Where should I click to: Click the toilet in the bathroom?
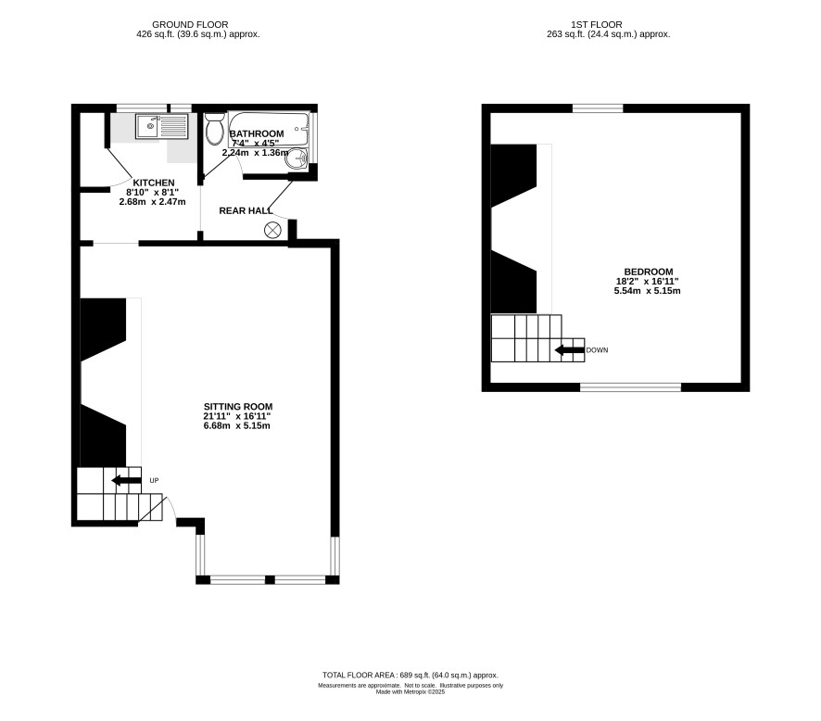[x=214, y=129]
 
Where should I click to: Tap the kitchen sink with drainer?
[x=162, y=127]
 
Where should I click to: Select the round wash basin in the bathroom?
[x=297, y=158]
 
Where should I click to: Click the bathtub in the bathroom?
[x=269, y=129]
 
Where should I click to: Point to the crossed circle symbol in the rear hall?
[x=272, y=230]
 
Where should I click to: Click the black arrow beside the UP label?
[x=126, y=480]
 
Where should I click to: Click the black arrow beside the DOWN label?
[x=569, y=349]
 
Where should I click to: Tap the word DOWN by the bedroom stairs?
[x=597, y=350]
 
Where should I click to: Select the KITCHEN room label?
[x=154, y=183]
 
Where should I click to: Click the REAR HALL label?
[x=246, y=211]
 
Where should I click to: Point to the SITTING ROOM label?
[x=238, y=406]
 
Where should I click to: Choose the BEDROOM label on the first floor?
[x=649, y=272]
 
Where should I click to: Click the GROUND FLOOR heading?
[x=190, y=25]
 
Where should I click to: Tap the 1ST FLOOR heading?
[x=597, y=25]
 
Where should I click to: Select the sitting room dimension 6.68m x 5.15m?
[x=236, y=425]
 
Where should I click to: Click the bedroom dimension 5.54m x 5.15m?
[x=647, y=291]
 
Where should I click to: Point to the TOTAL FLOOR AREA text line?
[x=410, y=675]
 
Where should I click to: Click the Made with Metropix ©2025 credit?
[x=410, y=691]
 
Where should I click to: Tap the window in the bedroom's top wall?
[x=598, y=108]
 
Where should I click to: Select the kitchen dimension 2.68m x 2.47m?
[x=152, y=202]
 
